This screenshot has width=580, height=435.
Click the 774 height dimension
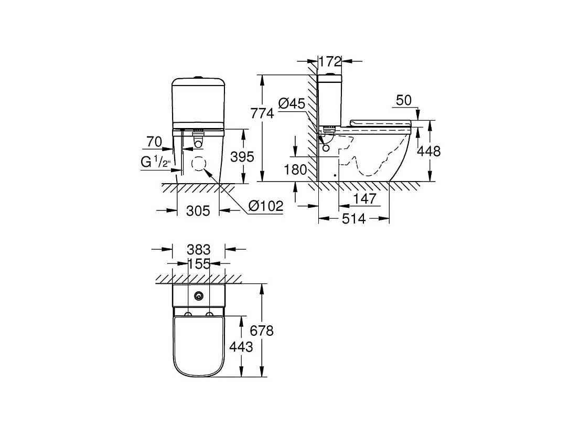[262, 113]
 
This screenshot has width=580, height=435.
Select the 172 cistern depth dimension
[329, 61]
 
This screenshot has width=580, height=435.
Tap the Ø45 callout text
[292, 104]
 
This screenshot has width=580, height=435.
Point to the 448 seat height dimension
[429, 151]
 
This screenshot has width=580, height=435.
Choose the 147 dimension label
[364, 199]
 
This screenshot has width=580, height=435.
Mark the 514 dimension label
[353, 219]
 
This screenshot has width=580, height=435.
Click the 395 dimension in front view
[242, 156]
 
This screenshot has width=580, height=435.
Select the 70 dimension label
[154, 142]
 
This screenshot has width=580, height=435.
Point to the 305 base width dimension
[198, 210]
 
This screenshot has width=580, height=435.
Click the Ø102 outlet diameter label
[265, 206]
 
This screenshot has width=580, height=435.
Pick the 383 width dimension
[199, 249]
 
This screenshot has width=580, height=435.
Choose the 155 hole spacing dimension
[199, 263]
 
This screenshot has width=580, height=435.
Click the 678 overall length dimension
[262, 330]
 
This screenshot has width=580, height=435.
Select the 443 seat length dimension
[241, 346]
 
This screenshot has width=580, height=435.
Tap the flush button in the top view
[199, 296]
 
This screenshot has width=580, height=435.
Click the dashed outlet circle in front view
[199, 163]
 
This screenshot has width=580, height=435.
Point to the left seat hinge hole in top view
[188, 315]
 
